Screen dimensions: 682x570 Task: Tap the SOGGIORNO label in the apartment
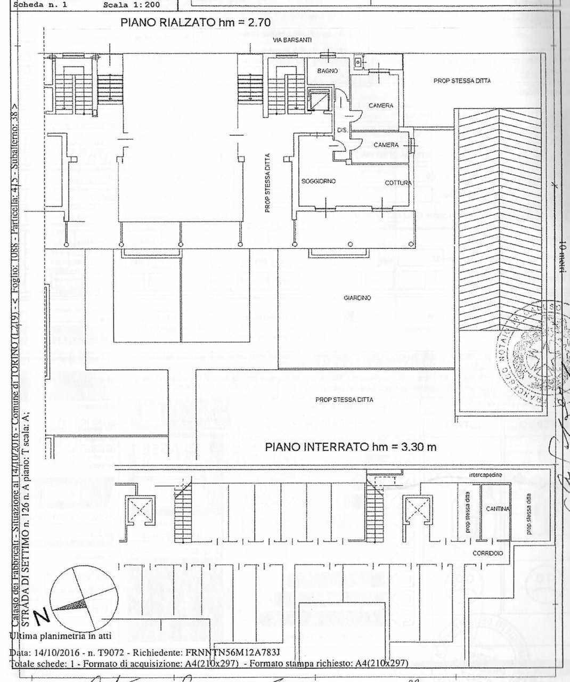318,182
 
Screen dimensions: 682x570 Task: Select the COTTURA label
398,183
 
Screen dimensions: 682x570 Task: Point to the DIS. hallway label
342,131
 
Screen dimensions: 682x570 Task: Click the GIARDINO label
357,298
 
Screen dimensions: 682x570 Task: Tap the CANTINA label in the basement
498,509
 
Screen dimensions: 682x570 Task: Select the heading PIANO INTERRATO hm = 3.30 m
351,447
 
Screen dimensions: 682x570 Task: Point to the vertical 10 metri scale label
563,256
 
